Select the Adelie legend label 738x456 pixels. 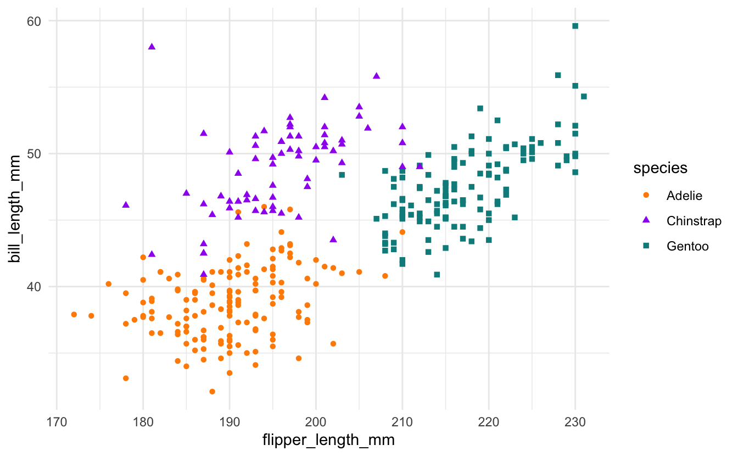click(684, 195)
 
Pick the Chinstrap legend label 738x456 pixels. click(694, 221)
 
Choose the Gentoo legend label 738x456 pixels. click(687, 246)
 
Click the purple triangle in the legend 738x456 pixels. click(646, 220)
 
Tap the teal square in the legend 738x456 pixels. click(646, 246)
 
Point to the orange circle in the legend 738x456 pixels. click(646, 195)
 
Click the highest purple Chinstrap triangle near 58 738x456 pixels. click(152, 47)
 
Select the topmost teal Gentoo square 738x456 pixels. click(575, 26)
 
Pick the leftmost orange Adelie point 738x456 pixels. click(74, 314)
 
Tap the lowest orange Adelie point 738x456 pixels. click(213, 392)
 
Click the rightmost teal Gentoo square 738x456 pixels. click(584, 96)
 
